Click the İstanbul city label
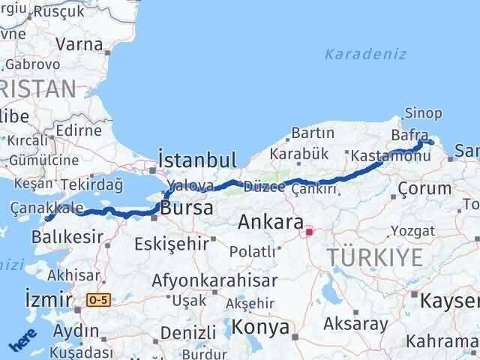coord(197,160)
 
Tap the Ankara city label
coord(271,223)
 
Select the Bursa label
coord(187,208)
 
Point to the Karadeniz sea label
coord(365,54)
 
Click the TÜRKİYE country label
coord(374,257)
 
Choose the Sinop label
coord(423,113)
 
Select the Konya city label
coord(260,328)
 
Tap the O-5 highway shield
coord(97,300)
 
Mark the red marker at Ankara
coord(309,232)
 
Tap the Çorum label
coord(425,188)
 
